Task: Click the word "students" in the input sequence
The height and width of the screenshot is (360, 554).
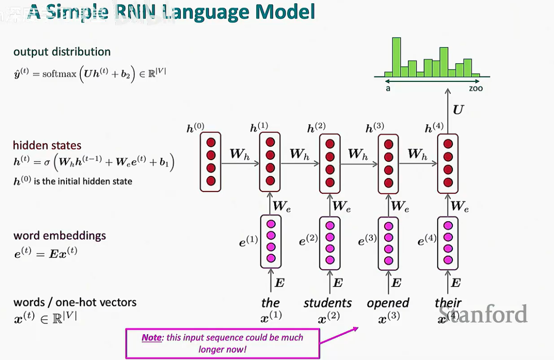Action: pos(327,303)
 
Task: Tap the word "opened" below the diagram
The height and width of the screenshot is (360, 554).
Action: pos(388,303)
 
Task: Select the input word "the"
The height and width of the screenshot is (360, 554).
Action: pos(270,303)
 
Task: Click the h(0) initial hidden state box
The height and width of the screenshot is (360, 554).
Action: pos(211,161)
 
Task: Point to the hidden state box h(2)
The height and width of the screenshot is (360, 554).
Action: pos(330,163)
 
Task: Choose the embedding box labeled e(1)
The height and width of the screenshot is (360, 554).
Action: pos(271,241)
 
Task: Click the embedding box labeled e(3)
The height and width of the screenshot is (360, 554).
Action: pos(388,243)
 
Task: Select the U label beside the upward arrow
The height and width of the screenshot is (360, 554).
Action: pos(459,109)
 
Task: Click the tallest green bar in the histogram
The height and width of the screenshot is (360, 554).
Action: pos(396,57)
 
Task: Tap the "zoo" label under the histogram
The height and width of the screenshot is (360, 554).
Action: pos(476,88)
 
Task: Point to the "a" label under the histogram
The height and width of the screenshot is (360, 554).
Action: pos(388,88)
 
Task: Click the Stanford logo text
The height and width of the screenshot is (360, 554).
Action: pos(483,314)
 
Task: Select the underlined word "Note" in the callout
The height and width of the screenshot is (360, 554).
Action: pos(151,337)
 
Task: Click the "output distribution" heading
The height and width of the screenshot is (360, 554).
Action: pos(62,52)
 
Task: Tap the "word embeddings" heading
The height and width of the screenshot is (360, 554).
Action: pos(60,235)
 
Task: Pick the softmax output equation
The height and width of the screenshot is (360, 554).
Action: pos(89,73)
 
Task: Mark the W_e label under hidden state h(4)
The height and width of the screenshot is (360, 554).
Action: pos(460,206)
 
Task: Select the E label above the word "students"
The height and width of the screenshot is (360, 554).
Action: pos(337,283)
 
